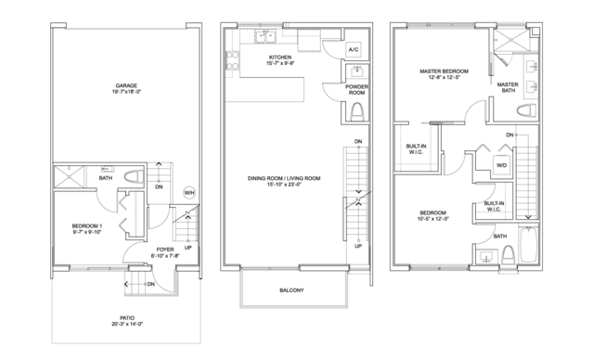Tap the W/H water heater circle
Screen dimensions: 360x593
pos(189,192)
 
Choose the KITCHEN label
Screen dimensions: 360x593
pos(280,58)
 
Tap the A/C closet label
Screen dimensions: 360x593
pos(354,49)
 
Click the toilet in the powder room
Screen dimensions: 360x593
pos(357,113)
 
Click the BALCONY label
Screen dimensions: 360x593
pos(291,291)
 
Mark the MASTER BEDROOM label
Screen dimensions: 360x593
pos(443,72)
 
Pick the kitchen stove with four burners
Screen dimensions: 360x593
pos(229,61)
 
